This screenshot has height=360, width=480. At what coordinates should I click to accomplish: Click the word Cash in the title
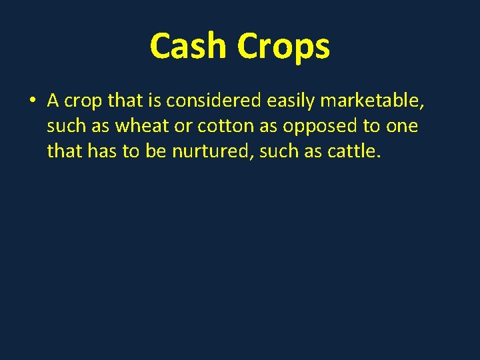coord(189,47)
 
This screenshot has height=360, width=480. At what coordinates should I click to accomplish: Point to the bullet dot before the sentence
coord(31,101)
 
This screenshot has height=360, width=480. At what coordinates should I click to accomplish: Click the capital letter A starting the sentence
coord(54,101)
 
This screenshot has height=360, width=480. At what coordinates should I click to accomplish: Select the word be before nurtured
coord(154,152)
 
